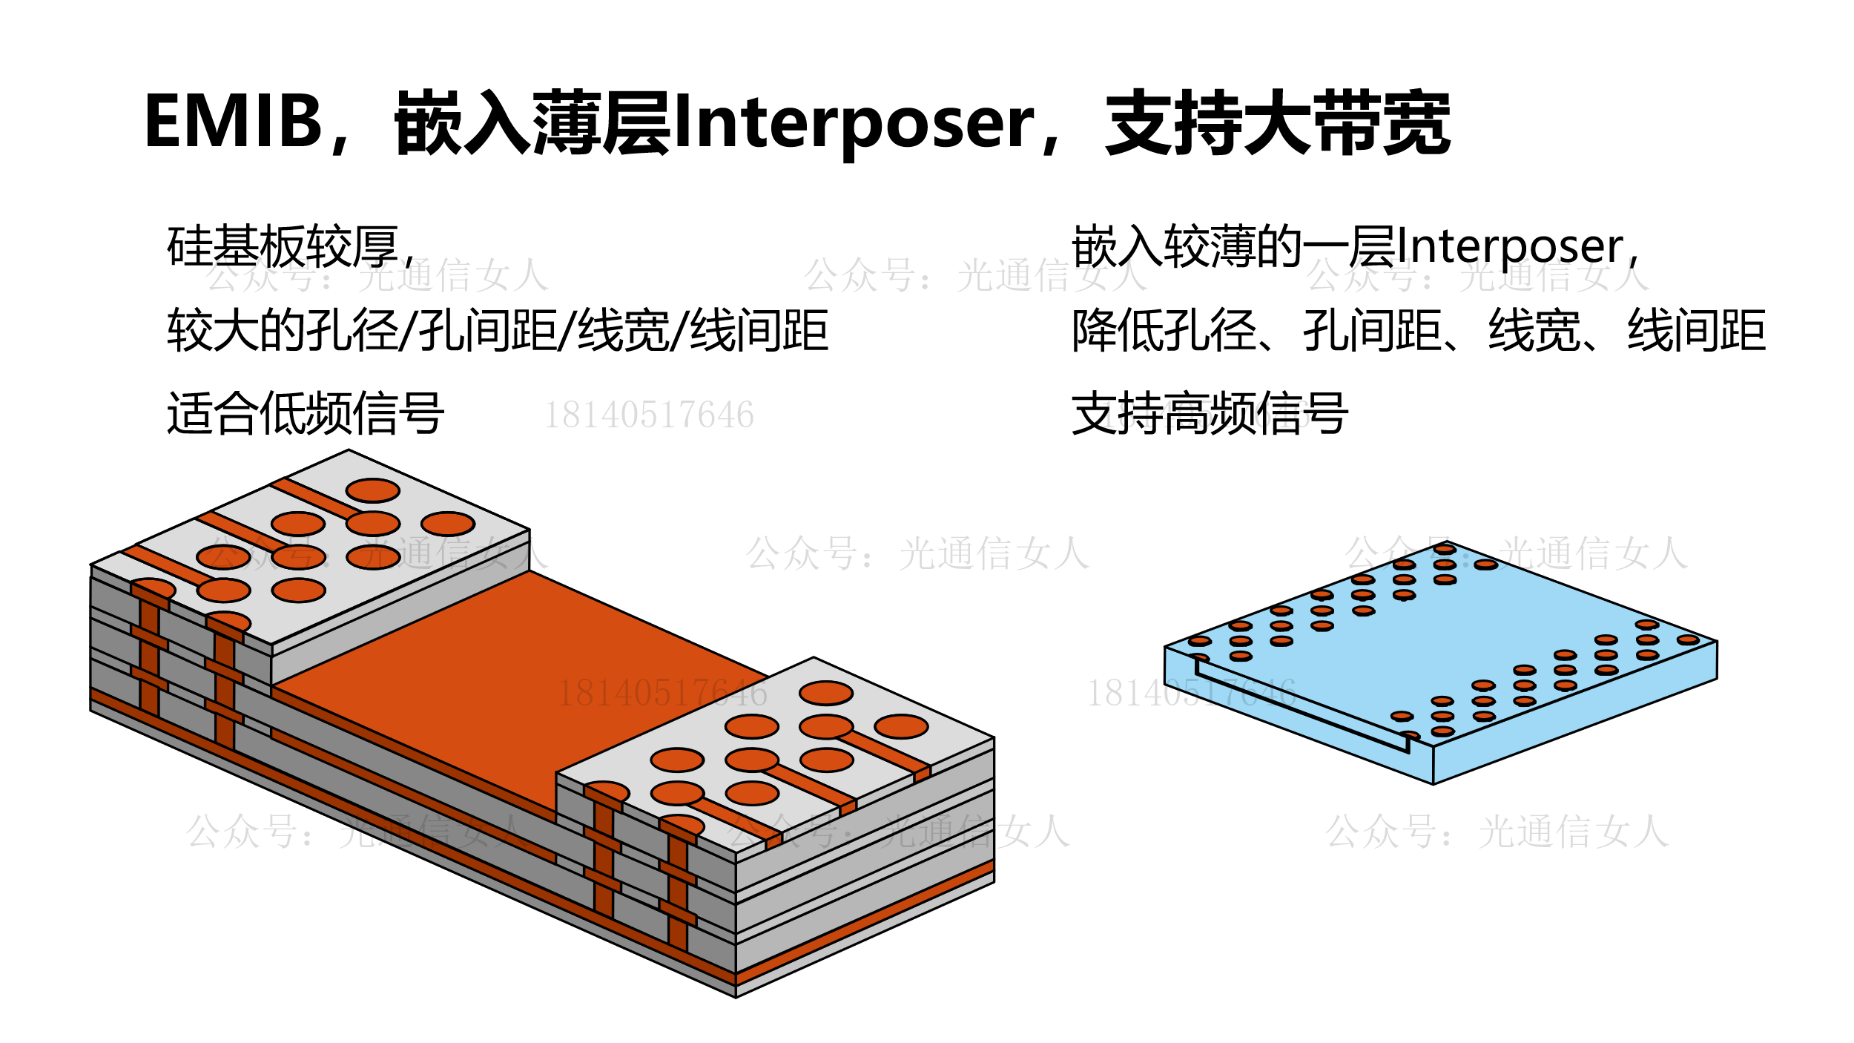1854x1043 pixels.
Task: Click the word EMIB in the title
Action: (233, 121)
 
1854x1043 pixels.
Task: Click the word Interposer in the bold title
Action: (854, 123)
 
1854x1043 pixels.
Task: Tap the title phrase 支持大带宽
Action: (1277, 123)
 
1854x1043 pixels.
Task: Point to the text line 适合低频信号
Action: (306, 413)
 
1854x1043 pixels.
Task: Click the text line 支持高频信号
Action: (1210, 413)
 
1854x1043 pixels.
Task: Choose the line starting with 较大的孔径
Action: (497, 330)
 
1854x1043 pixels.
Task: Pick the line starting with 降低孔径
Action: (1418, 330)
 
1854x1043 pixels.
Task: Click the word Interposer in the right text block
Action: (1509, 246)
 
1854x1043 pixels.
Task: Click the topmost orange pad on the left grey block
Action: (373, 490)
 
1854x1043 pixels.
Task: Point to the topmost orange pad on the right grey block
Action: (826, 693)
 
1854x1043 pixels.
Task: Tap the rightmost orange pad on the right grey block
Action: (901, 726)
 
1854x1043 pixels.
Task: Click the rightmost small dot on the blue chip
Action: (1688, 639)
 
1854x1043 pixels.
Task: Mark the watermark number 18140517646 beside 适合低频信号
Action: (649, 415)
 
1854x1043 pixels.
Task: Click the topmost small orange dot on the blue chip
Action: (1445, 550)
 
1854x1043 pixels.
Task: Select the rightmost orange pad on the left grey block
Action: (448, 524)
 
